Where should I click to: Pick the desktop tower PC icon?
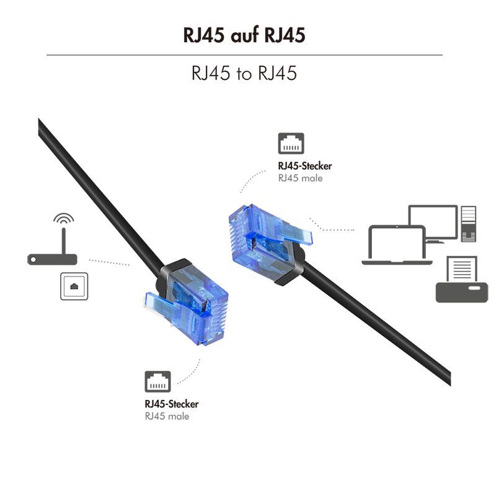click(x=468, y=223)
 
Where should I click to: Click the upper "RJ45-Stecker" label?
click(x=305, y=166)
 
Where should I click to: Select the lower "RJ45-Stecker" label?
click(x=172, y=404)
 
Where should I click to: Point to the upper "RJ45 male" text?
click(x=301, y=179)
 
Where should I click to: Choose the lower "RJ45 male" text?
click(x=167, y=417)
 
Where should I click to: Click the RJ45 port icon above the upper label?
click(x=291, y=143)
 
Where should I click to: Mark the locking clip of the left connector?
click(x=158, y=304)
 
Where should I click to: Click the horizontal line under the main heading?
click(x=244, y=55)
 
